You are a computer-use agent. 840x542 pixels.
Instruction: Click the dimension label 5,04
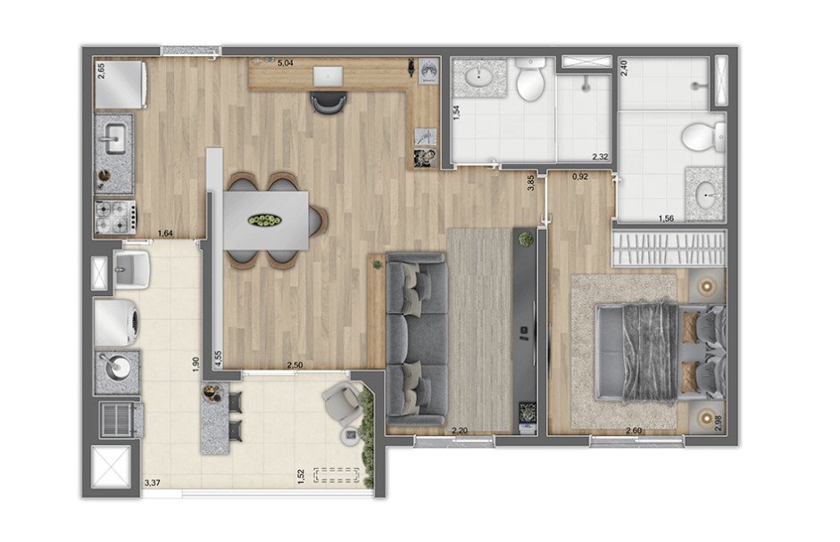pos(285,63)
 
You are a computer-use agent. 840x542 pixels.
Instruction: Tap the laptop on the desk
pos(329,76)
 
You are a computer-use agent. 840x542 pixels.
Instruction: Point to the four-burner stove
pos(114,217)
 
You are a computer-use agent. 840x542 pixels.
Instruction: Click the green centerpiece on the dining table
pos(264,220)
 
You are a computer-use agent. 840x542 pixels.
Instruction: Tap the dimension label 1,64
pos(165,234)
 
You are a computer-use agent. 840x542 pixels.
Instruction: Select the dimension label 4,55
pos(218,358)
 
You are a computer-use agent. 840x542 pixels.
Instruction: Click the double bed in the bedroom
pos(661,352)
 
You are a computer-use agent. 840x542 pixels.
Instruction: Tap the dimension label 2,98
pos(719,423)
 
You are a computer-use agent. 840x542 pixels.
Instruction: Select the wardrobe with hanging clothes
pos(670,248)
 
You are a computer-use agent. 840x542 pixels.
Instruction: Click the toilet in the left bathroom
pos(530,79)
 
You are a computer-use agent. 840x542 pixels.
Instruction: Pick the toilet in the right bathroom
pos(703,136)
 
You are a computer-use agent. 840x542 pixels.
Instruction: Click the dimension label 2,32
pos(600,157)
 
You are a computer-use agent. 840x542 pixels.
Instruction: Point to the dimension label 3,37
pos(152,482)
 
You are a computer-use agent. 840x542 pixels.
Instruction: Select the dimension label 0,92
pos(580,176)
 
